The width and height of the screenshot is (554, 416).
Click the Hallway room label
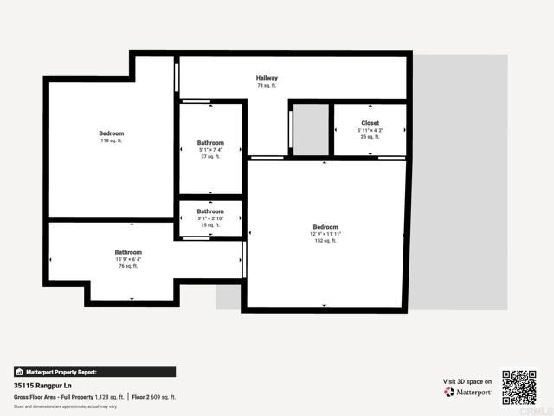[x=267, y=78]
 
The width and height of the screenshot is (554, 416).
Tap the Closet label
[x=370, y=123]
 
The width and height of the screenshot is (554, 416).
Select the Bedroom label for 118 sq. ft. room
[x=112, y=133]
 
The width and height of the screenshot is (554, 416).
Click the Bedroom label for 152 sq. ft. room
[x=325, y=227]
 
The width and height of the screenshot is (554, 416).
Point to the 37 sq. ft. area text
[x=210, y=157]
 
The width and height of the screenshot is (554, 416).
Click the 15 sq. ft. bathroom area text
[x=210, y=225]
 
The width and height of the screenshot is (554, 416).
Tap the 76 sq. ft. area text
[x=128, y=266]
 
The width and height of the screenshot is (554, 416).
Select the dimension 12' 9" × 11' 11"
[x=325, y=234]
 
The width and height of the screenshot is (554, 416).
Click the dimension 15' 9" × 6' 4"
[x=128, y=259]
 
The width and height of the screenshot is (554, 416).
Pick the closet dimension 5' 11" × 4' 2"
[x=370, y=130]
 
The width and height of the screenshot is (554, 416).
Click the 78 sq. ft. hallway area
[x=267, y=86]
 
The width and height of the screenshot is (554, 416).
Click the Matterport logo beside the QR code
[x=468, y=392]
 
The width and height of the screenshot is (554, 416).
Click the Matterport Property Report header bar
[x=94, y=372]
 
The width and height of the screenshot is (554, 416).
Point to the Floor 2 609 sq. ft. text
[x=154, y=397]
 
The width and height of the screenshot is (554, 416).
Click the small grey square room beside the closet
[x=310, y=130]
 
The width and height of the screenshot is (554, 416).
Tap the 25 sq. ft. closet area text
[x=370, y=137]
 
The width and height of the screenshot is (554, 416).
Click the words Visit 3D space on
[x=467, y=381]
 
